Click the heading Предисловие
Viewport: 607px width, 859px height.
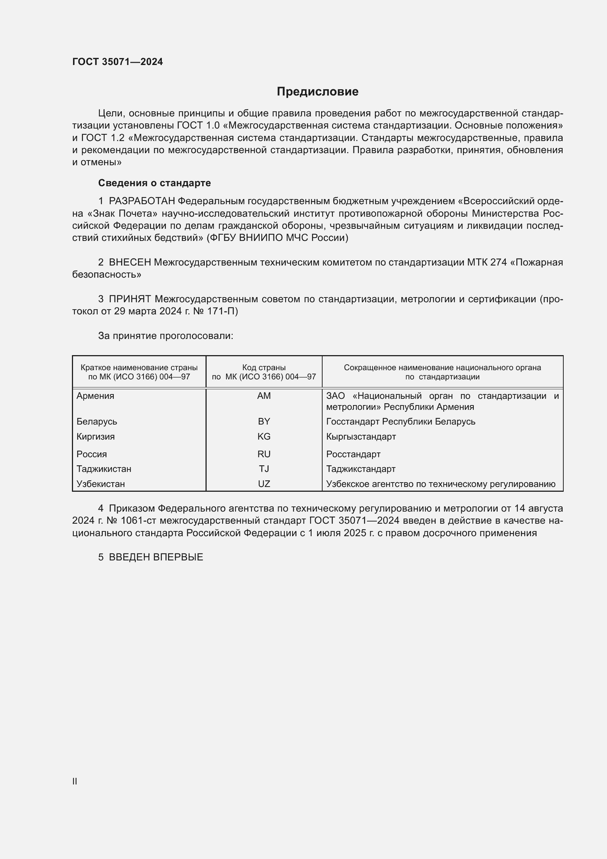click(317, 92)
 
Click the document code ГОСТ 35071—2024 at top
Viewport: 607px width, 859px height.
click(117, 62)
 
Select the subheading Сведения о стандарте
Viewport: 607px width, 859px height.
click(155, 183)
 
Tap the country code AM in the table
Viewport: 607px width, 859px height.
click(264, 396)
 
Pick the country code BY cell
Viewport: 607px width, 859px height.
click(264, 422)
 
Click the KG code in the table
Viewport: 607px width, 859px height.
click(264, 437)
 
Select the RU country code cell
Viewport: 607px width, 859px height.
click(264, 454)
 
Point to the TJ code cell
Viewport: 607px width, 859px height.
click(264, 469)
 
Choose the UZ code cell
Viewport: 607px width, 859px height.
click(264, 484)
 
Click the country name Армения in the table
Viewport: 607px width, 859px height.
click(95, 396)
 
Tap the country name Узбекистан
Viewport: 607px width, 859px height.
click(101, 484)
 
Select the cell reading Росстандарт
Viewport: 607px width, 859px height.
click(353, 454)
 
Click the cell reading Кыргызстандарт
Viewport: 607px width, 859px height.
click(361, 437)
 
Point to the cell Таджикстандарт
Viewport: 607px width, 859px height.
click(361, 469)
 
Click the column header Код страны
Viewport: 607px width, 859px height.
click(264, 368)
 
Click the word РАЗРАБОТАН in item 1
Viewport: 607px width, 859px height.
click(142, 201)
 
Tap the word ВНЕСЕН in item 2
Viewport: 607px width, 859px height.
click(130, 263)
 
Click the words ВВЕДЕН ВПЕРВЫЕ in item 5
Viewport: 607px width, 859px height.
click(156, 557)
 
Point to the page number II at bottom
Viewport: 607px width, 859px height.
click(75, 781)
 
